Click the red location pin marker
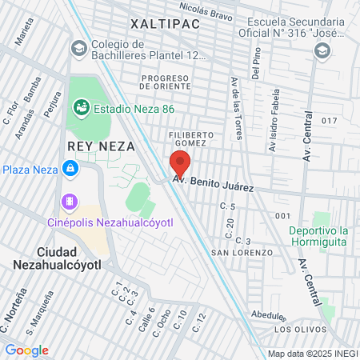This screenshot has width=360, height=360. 180,163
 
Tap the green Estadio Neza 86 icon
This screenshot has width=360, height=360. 80,106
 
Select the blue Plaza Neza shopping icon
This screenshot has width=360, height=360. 71,169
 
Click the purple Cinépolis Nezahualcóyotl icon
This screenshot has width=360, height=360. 70,201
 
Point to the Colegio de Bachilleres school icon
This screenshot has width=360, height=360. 78,50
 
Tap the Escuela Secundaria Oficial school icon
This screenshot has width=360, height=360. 322,51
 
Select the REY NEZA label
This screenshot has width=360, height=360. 101,146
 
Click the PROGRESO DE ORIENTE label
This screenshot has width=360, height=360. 166,82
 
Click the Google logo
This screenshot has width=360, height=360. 26,350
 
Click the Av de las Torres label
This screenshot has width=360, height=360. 236,99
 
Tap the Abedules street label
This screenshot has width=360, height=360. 266,314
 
